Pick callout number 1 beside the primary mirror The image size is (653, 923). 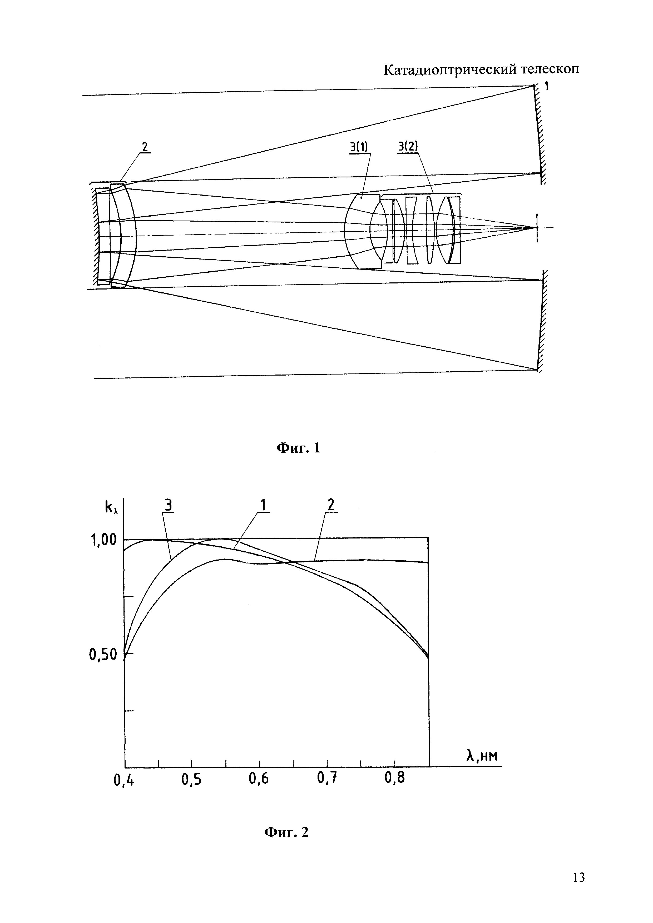point(546,86)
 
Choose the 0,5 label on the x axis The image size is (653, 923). point(191,780)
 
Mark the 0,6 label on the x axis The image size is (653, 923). point(259,780)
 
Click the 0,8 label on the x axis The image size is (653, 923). point(394,779)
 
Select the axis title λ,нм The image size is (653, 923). point(482,756)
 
